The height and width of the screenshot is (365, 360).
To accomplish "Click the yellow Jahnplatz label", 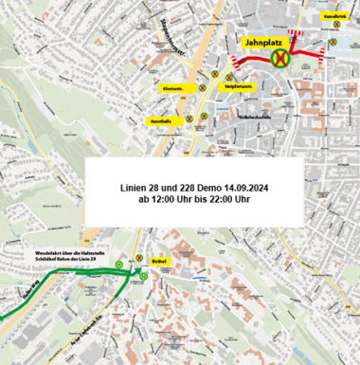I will coord(265,44).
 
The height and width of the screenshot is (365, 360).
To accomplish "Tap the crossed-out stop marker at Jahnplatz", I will coord(281,59).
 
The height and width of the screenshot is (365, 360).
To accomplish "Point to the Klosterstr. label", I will coord(173,88).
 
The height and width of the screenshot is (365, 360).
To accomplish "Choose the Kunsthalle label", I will coord(160,121).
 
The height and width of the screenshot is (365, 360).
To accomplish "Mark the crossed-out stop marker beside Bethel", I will coord(138,258).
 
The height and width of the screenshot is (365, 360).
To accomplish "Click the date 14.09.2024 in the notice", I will coord(244,187).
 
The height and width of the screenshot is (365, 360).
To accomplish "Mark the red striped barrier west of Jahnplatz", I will coord(233,63).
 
